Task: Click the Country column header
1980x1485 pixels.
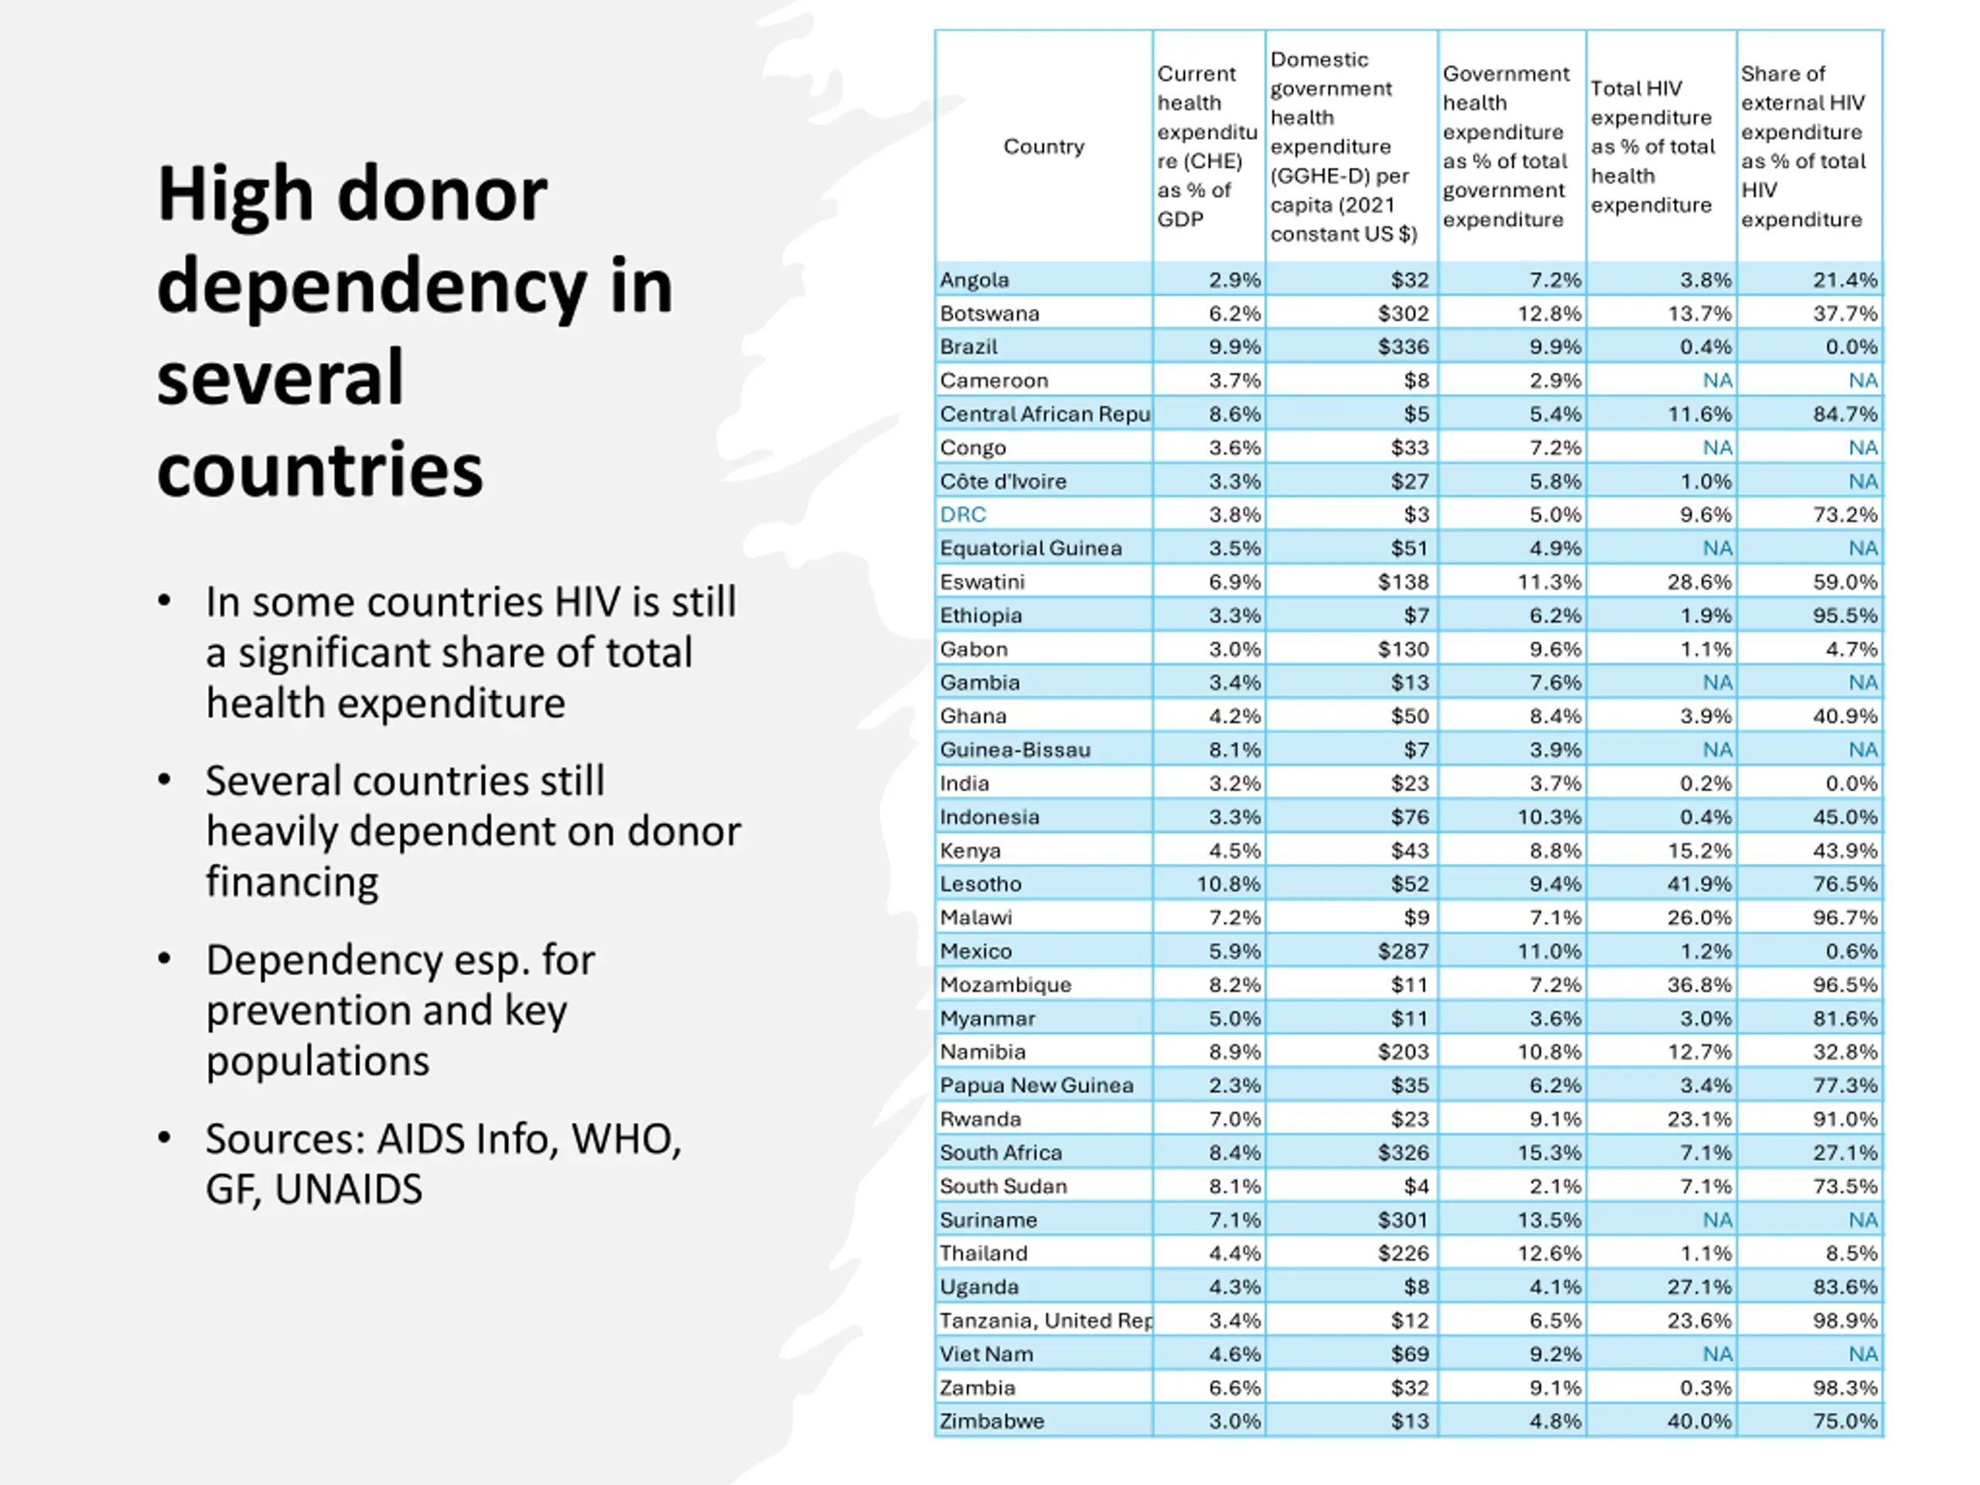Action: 1043,146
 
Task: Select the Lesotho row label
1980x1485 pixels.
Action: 980,883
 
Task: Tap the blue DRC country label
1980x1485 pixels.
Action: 963,514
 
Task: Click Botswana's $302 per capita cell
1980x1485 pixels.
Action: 1403,313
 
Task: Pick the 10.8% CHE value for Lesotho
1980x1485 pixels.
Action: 1228,883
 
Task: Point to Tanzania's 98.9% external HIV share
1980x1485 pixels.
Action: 1845,1320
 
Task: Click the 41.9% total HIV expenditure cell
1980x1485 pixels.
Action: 1699,883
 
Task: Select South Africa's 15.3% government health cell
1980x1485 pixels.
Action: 1549,1152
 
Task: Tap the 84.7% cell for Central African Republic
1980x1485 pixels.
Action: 1845,414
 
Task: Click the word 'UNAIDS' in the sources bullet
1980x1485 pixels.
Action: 348,1189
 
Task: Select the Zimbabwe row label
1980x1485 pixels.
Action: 992,1421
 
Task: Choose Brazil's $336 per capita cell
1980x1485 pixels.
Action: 1403,346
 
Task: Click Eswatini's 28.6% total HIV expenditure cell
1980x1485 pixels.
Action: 1699,582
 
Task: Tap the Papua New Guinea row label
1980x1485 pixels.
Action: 1036,1085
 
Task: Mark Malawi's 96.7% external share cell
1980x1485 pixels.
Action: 1845,917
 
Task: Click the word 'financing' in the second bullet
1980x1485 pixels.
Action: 292,882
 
